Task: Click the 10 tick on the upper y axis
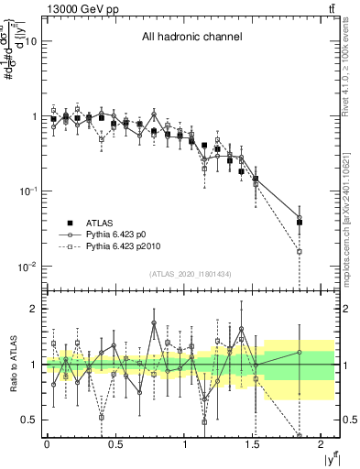30,42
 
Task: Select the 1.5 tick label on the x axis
254,443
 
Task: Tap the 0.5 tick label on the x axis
115,443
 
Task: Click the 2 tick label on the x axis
322,443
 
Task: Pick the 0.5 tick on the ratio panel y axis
29,420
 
